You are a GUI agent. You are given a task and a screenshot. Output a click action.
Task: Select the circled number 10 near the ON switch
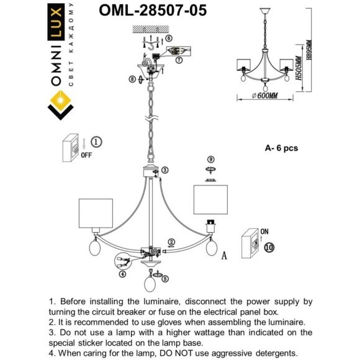pos(268,246)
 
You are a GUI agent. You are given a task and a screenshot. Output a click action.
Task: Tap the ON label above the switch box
pos(265,231)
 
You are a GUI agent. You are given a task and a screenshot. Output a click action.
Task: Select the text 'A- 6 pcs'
pos(281,148)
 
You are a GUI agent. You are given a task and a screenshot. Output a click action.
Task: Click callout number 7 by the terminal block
pos(179,60)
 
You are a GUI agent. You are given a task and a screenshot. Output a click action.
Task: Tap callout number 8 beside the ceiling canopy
pos(132,79)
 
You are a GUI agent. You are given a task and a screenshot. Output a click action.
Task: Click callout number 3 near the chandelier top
pos(165,170)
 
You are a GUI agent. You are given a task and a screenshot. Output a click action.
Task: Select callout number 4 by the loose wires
pos(122,274)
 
